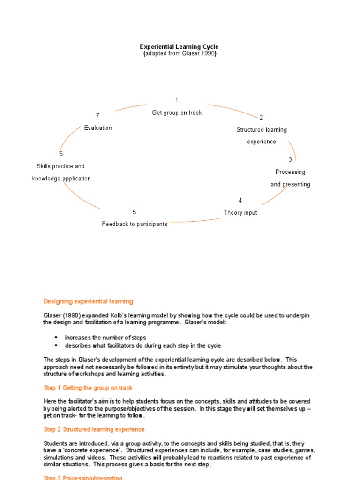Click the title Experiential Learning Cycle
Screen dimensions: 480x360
click(179, 47)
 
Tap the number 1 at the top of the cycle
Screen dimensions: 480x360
click(177, 100)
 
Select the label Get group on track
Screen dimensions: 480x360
click(177, 113)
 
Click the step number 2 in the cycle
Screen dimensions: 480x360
click(261, 117)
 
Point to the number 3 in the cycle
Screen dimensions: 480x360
click(290, 160)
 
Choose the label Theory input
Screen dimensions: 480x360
click(240, 213)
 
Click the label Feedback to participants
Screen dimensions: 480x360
click(135, 224)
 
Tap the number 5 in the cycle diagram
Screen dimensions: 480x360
click(135, 212)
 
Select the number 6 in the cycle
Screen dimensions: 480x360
click(61, 154)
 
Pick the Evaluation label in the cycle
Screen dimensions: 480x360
click(98, 128)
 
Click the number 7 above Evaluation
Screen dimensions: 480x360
click(97, 116)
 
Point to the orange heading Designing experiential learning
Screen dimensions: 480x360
click(88, 301)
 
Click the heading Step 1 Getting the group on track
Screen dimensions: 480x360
click(88, 388)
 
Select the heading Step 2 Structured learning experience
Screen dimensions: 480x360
click(94, 429)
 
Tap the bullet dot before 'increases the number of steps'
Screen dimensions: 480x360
click(56, 337)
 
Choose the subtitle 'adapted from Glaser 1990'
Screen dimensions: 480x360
click(180, 54)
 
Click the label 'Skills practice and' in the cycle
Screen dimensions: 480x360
click(60, 166)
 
